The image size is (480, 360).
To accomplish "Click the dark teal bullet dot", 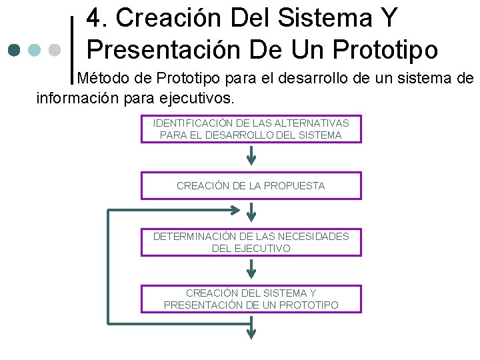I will click(x=15, y=50).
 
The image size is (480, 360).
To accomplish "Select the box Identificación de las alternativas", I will click(x=251, y=129).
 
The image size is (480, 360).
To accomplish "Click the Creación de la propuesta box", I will click(x=251, y=185).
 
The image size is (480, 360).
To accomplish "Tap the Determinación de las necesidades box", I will click(x=251, y=242).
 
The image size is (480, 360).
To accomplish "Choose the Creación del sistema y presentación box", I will click(x=251, y=299).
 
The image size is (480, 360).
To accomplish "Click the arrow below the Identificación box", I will click(x=251, y=155).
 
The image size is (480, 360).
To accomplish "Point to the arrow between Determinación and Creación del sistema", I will click(x=251, y=269).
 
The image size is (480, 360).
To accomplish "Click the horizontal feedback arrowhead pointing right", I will click(x=234, y=210).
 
